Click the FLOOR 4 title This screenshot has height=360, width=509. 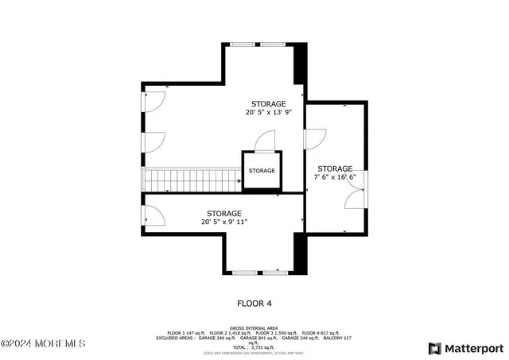point(254,303)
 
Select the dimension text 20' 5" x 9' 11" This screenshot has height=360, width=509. point(224,223)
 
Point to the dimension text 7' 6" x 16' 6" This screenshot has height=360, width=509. point(335,178)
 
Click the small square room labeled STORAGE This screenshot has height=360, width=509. point(261,171)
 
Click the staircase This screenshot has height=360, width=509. point(190,180)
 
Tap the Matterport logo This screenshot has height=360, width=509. point(466,348)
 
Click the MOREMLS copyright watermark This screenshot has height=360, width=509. point(43,343)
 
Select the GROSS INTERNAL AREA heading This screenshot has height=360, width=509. point(254,327)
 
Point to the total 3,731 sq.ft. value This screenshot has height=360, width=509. point(254,347)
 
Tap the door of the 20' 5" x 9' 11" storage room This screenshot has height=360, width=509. point(153,215)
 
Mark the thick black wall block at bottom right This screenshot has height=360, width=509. point(300,254)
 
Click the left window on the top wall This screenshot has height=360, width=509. point(243,44)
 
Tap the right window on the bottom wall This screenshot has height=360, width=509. point(275,273)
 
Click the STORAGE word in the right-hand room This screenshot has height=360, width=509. point(335,168)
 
